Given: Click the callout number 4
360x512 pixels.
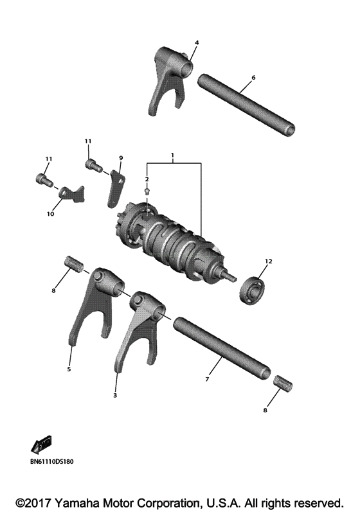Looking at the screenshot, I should click(x=197, y=42).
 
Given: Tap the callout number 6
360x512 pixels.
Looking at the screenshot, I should click(x=253, y=78).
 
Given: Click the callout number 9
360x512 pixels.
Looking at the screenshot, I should click(x=120, y=157).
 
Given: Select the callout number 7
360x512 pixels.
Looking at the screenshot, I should click(x=207, y=380).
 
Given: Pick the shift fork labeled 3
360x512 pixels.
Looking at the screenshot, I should click(x=138, y=328).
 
